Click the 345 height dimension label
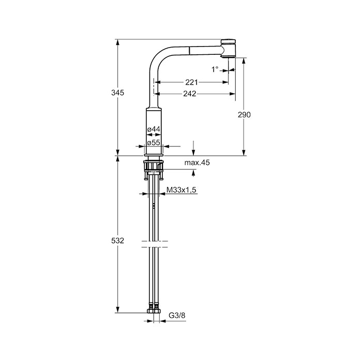click(117, 93)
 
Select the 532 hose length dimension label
click(117, 241)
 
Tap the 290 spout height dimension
click(244, 114)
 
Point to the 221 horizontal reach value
click(191, 82)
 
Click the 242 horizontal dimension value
click(190, 94)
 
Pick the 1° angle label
click(215, 69)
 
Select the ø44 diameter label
click(154, 129)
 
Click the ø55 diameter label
click(154, 143)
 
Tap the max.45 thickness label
click(197, 162)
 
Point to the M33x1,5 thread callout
click(181, 190)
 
